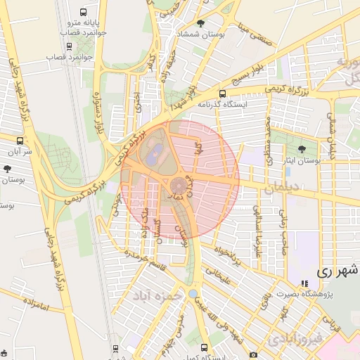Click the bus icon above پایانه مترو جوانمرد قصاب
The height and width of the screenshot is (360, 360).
(84, 13)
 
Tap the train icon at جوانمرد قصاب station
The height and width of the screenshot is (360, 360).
(69, 46)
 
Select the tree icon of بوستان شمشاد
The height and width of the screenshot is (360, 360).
(201, 23)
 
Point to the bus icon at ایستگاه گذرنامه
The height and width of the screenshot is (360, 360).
(223, 94)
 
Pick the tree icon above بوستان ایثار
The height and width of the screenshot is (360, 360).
(302, 149)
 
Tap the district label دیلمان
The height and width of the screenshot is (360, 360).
(283, 188)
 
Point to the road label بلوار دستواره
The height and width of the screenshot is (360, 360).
(98, 117)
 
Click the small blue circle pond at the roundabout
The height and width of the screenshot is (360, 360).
(193, 293)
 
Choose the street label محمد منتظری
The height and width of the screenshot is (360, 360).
(269, 140)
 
